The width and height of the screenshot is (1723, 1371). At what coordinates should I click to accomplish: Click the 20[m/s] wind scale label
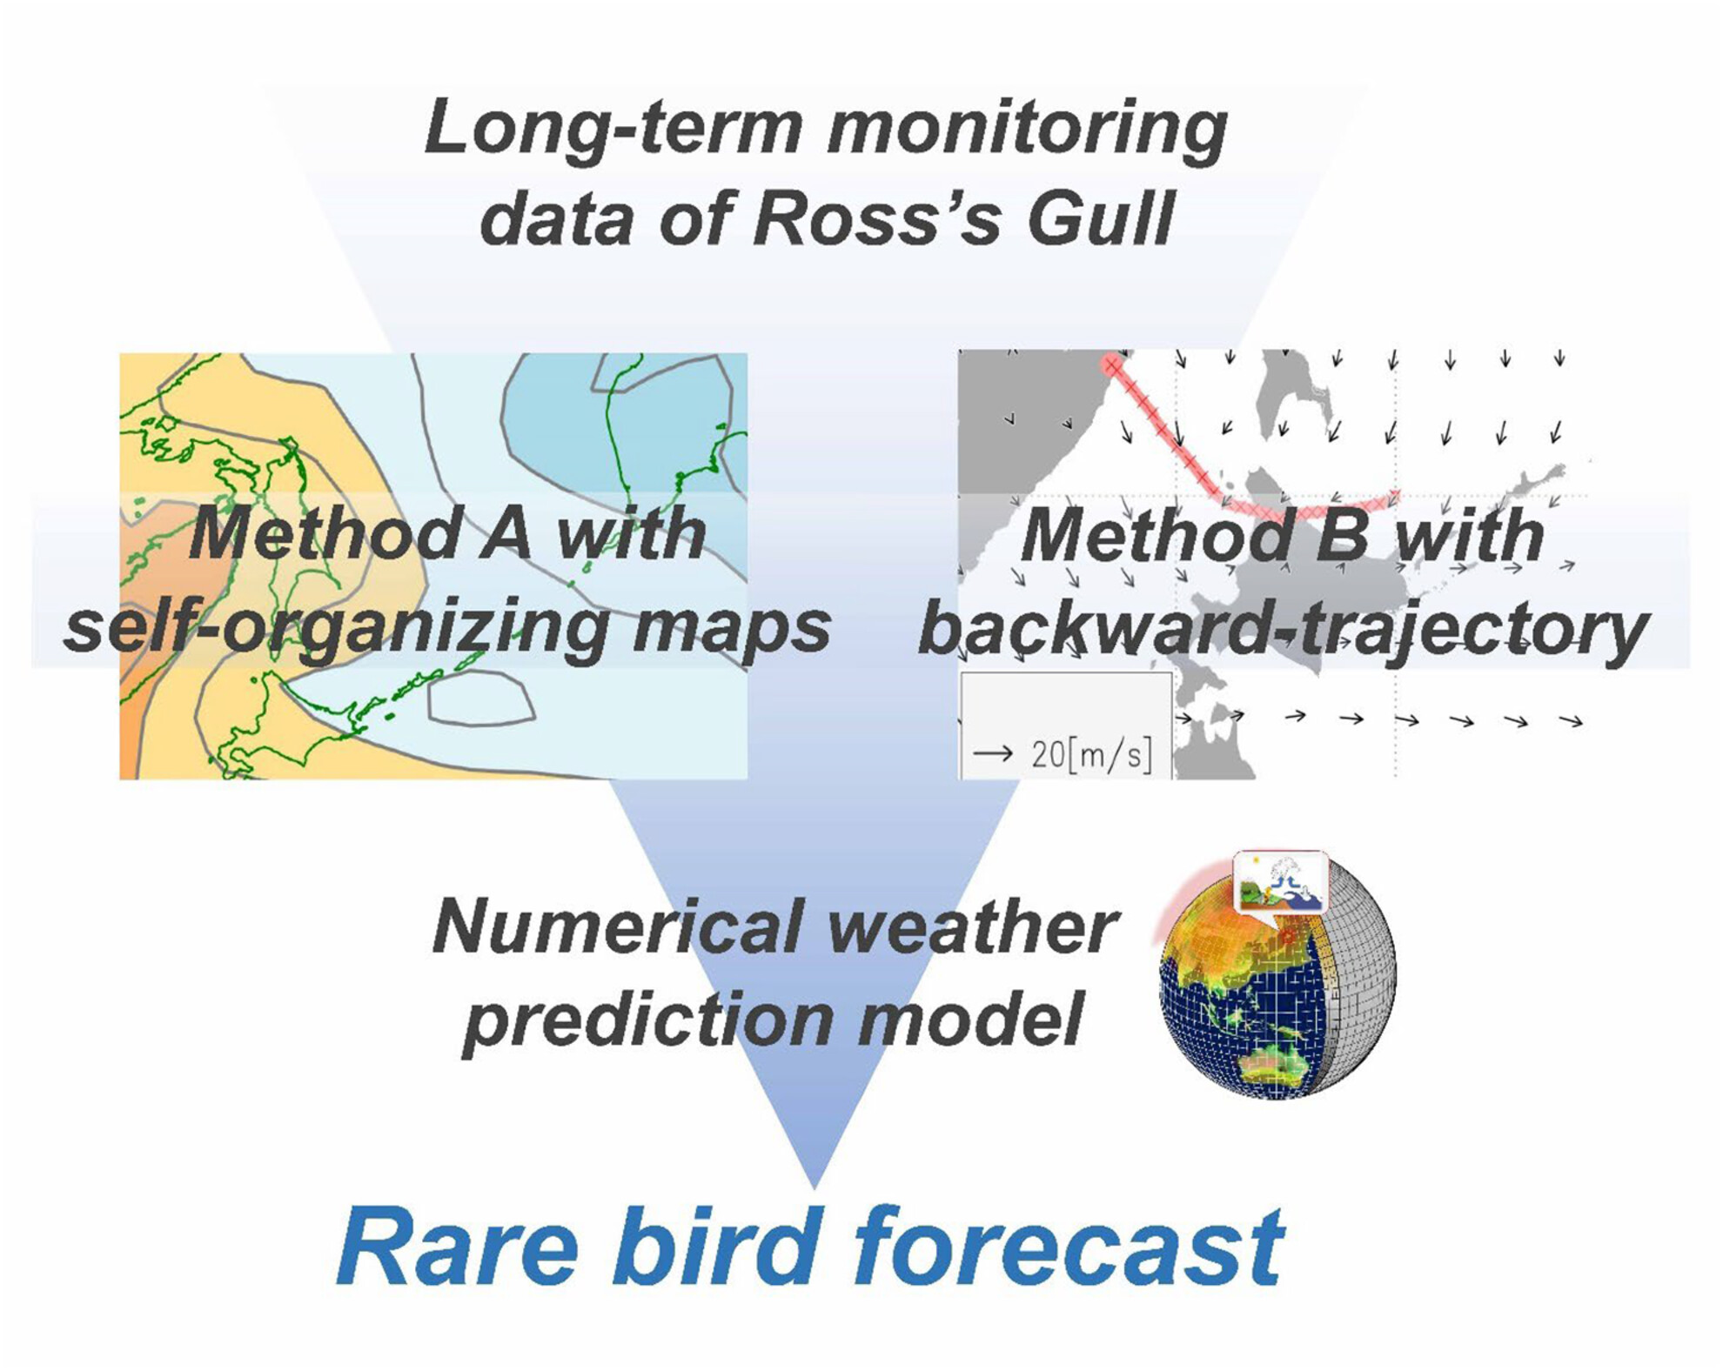(x=1091, y=754)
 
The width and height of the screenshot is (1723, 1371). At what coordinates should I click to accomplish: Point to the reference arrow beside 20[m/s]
(x=993, y=752)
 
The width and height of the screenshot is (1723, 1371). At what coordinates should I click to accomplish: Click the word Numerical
(x=617, y=927)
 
